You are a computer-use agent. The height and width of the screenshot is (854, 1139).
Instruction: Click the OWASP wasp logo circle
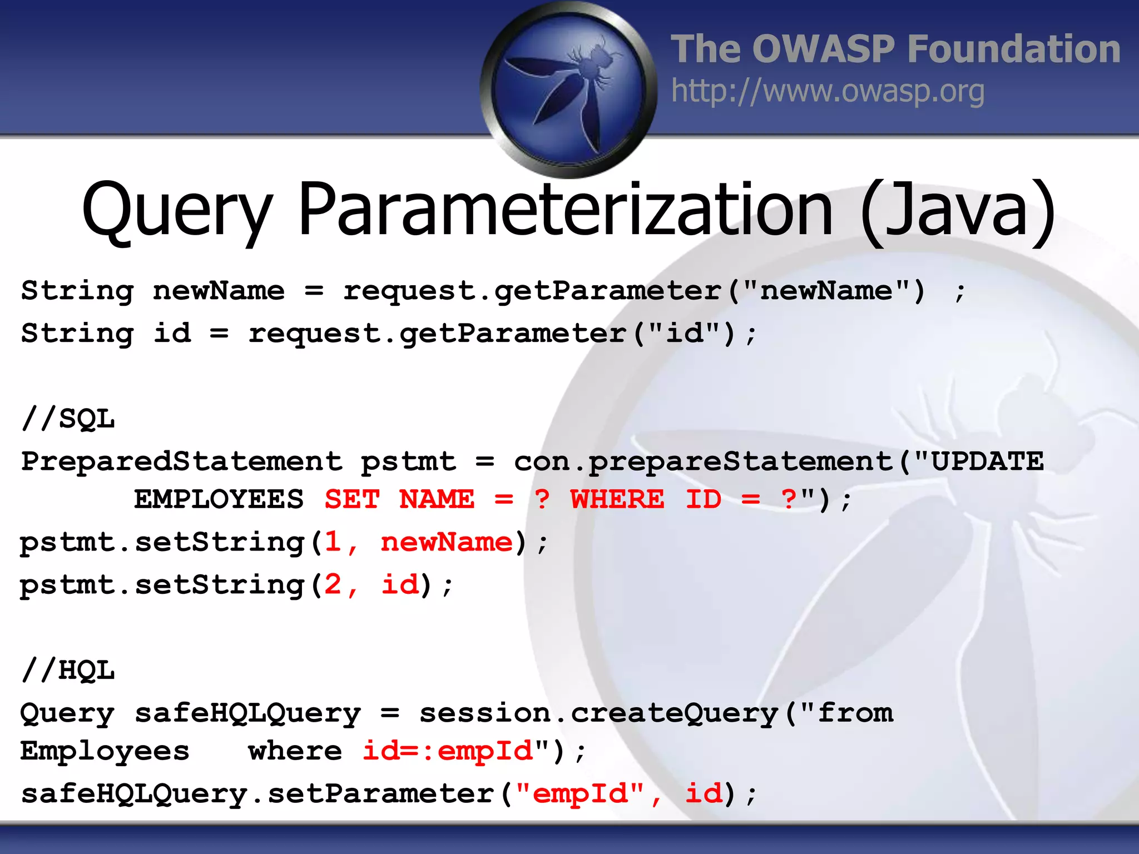[x=568, y=89]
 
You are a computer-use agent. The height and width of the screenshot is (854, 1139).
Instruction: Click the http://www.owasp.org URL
[x=828, y=91]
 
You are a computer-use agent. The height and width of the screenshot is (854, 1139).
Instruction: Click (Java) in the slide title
[x=958, y=210]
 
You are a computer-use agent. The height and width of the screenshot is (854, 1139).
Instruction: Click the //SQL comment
[x=68, y=418]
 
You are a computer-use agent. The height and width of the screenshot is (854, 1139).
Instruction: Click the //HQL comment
[x=68, y=670]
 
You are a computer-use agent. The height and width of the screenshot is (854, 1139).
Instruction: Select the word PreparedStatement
[x=181, y=461]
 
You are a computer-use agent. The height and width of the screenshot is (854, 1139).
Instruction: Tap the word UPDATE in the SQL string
[x=987, y=461]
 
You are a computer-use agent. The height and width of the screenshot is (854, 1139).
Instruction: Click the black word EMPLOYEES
[x=219, y=499]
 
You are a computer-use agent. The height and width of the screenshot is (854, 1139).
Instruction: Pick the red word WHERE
[x=617, y=499]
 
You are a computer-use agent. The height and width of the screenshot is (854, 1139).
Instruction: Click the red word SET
[x=352, y=499]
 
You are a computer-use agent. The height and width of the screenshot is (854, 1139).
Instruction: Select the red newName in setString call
[x=446, y=542]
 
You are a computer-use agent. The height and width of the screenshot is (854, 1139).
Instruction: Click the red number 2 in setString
[x=333, y=585]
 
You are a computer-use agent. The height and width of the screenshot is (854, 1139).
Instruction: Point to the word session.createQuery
[x=598, y=713]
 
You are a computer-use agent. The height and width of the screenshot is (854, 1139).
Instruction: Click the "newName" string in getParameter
[x=826, y=290]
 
